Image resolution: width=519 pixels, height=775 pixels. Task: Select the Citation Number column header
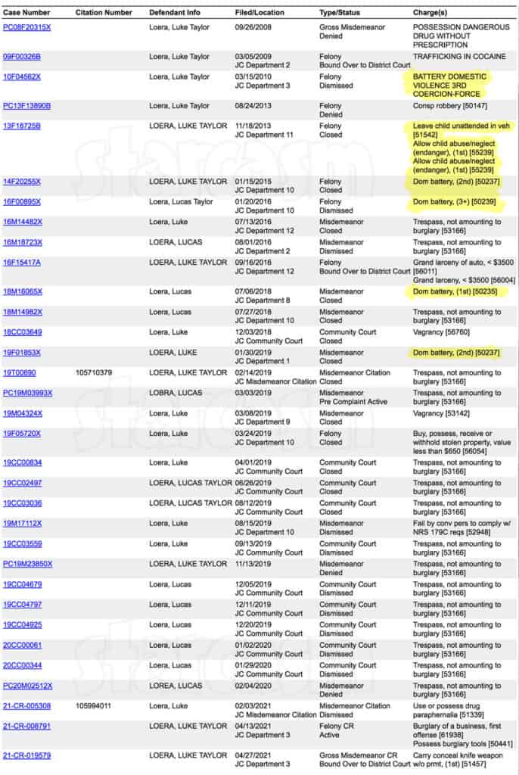(x=103, y=13)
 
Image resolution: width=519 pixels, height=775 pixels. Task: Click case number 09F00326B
(x=22, y=56)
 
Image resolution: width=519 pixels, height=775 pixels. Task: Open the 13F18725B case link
(x=22, y=126)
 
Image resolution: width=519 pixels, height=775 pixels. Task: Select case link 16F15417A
(x=22, y=262)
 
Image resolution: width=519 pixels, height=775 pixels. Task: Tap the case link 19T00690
(x=19, y=372)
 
